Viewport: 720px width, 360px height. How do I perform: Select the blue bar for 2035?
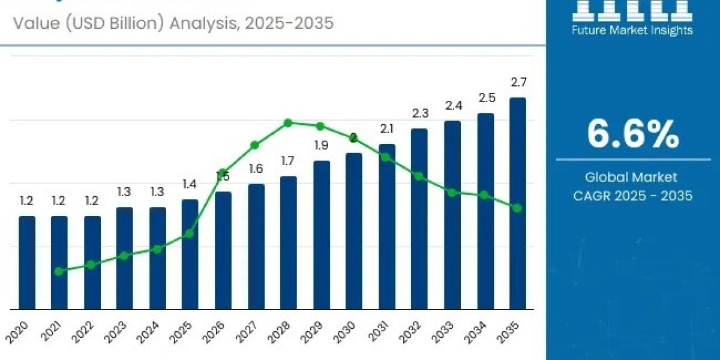point(517,204)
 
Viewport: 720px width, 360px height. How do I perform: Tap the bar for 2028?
point(288,243)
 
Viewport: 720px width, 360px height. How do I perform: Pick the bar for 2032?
point(419,219)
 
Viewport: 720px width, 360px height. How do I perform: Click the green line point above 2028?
point(288,123)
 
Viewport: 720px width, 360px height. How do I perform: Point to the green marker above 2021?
point(59,271)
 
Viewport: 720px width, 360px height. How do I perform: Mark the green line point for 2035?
point(517,208)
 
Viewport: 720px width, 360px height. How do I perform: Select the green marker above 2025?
point(189,233)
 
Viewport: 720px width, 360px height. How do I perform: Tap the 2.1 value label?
point(386,128)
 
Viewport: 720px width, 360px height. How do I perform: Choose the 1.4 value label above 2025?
point(190,184)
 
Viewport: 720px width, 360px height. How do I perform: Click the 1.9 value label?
point(321,145)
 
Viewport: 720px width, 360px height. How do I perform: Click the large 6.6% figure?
point(632,134)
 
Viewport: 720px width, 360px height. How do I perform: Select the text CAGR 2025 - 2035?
point(632,196)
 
